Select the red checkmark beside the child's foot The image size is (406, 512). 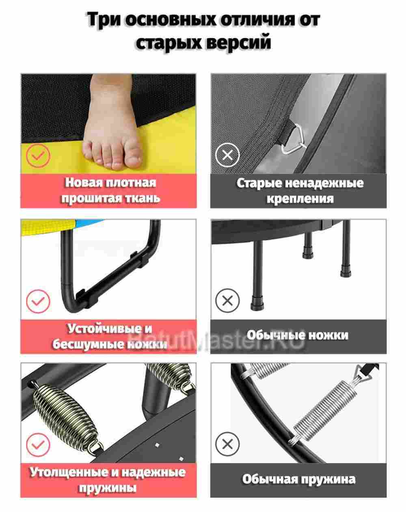[x=38, y=154]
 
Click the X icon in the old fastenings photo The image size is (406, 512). [x=227, y=154]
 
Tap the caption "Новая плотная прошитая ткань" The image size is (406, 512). [x=110, y=190]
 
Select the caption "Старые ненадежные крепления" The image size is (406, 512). [x=300, y=190]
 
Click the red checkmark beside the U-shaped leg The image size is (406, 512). [x=38, y=301]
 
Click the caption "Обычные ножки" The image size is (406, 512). [x=298, y=335]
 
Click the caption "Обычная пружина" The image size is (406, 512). [x=299, y=479]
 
